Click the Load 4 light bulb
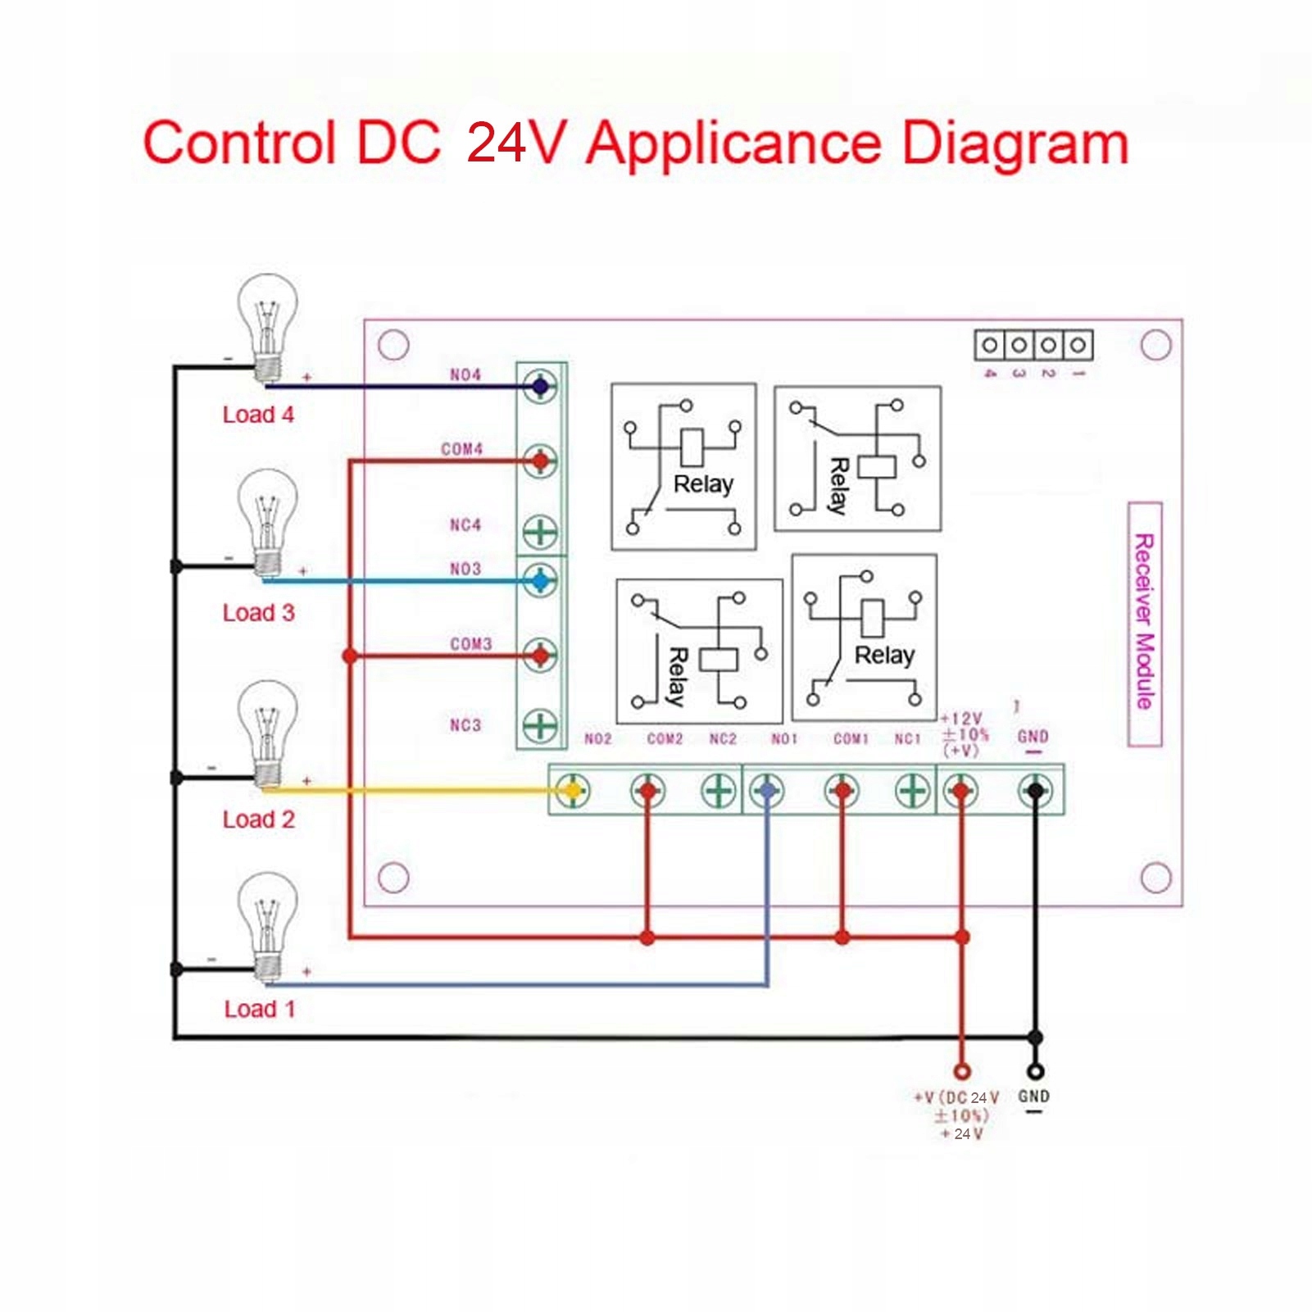click(267, 328)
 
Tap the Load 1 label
click(259, 1009)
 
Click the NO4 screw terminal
click(540, 386)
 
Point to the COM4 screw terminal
click(540, 461)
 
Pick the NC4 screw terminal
click(540, 533)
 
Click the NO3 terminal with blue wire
click(540, 581)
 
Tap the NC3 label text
click(465, 725)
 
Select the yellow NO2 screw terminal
click(572, 791)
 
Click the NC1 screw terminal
click(911, 791)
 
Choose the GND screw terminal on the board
click(1035, 791)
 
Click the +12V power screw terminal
click(960, 791)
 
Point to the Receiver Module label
click(1145, 623)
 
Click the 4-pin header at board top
click(1033, 345)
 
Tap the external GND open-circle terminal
click(1036, 1071)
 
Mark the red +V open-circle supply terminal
click(963, 1071)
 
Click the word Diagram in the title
click(1015, 144)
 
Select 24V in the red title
click(516, 143)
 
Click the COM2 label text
click(665, 739)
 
